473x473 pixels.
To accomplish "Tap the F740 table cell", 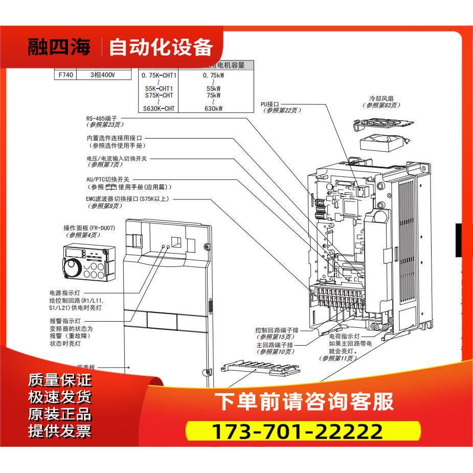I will click(x=65, y=75).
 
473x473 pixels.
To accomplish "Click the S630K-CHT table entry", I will click(x=159, y=108).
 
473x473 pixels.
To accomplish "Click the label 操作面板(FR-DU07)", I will click(x=89, y=228).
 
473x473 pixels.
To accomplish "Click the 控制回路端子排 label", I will click(x=281, y=330).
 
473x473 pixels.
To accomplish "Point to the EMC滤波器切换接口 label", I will click(x=134, y=199).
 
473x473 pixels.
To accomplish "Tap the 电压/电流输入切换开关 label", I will click(x=117, y=159).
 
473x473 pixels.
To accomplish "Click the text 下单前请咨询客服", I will click(x=304, y=401).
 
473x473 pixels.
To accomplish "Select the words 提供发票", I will click(x=60, y=431).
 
